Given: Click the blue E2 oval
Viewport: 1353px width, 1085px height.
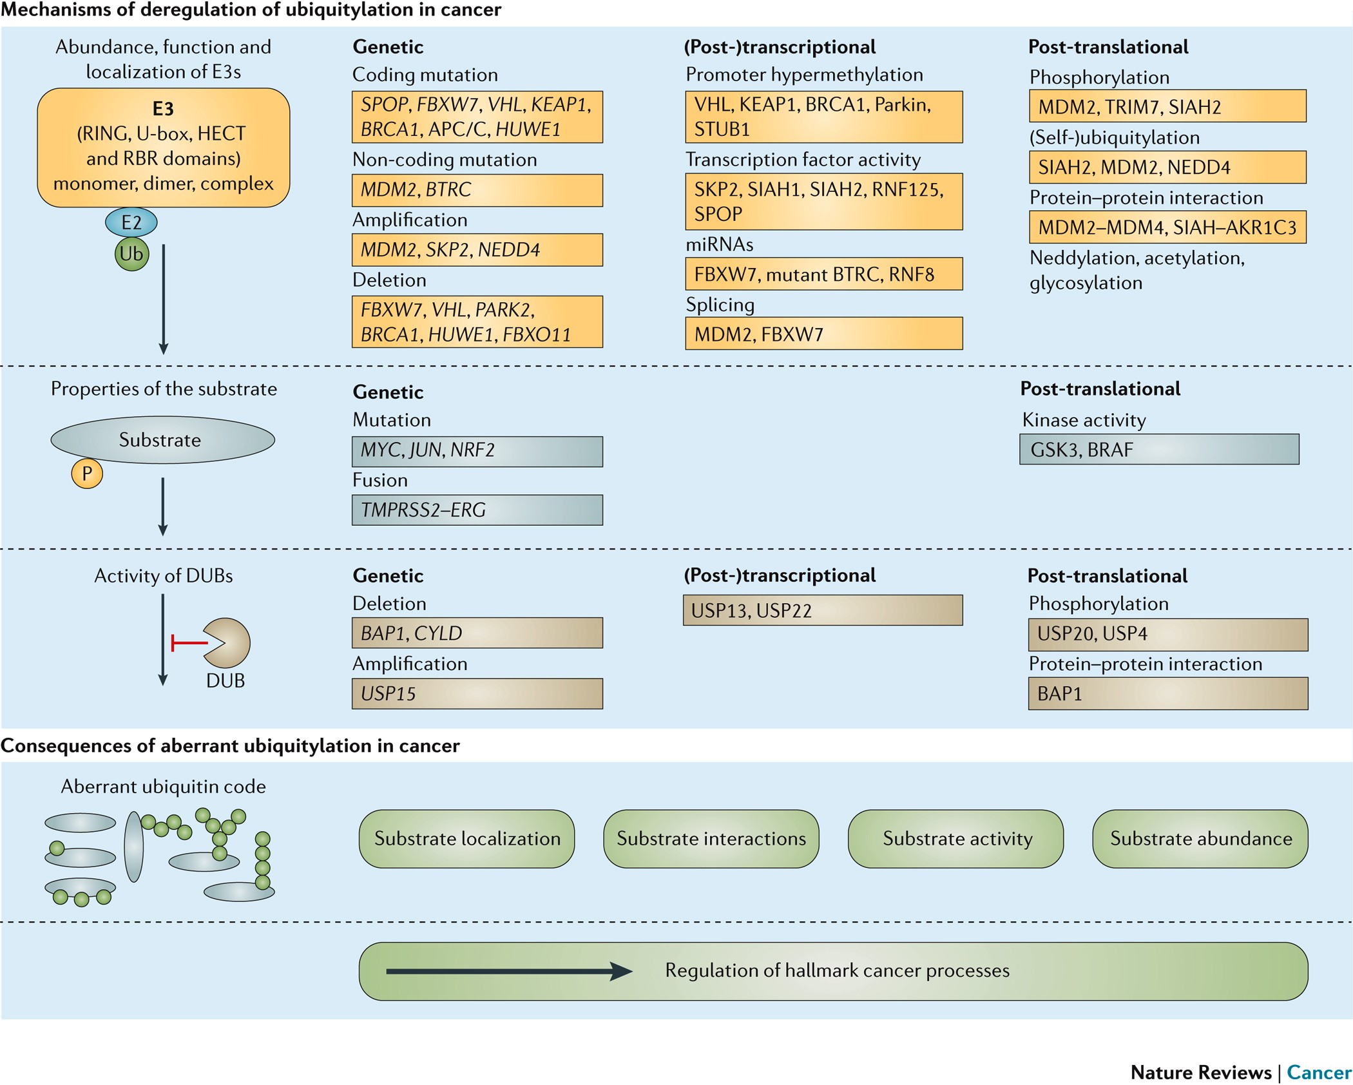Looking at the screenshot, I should click(131, 222).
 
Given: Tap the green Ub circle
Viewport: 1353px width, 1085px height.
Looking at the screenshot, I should click(132, 254).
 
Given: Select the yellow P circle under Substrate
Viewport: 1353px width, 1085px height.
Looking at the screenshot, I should click(87, 474).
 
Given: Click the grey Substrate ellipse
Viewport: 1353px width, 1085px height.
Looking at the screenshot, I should click(162, 440).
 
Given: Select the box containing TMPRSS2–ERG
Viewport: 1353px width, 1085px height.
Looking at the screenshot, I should click(477, 510).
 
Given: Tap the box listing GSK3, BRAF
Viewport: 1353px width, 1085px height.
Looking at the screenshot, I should click(1158, 449).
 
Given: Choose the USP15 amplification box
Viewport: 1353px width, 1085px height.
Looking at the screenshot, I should click(477, 694).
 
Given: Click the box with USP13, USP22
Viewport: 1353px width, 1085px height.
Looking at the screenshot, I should click(822, 610).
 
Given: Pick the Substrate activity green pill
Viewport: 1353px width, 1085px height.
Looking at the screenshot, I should click(955, 838).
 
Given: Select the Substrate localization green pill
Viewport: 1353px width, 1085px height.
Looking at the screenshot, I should click(466, 838).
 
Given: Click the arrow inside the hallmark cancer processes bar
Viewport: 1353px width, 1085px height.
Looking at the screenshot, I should click(509, 971).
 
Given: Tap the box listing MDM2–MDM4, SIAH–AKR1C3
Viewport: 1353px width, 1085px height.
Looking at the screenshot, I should click(1167, 227).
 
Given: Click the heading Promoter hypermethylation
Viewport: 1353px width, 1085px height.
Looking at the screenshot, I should click(803, 75).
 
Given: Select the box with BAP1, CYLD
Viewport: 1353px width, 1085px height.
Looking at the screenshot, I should click(477, 633).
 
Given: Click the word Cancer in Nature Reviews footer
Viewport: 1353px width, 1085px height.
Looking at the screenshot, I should click(1318, 1072).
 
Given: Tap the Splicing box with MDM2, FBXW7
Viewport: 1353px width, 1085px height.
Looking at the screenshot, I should click(823, 334).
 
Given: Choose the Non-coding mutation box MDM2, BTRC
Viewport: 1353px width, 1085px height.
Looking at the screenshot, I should click(477, 190).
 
